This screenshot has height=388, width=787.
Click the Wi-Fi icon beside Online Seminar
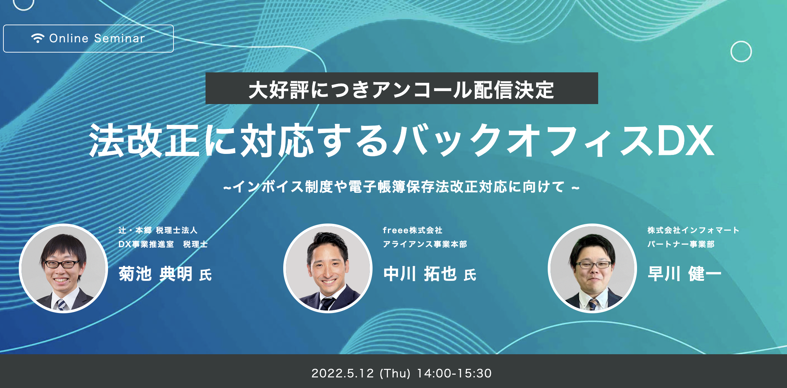[x=37, y=38]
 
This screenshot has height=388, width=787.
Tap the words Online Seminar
[x=97, y=38]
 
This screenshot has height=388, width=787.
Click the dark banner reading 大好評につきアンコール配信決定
[x=402, y=88]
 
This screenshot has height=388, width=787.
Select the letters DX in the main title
[x=685, y=140]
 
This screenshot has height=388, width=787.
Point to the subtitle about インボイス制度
[x=401, y=187]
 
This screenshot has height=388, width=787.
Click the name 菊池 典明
[x=155, y=274]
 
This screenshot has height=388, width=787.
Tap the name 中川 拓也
[x=420, y=274]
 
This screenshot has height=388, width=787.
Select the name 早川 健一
[x=684, y=274]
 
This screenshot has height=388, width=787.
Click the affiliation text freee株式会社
[x=412, y=230]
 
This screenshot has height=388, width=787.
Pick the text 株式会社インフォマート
[x=693, y=230]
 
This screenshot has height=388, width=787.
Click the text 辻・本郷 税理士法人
[x=158, y=230]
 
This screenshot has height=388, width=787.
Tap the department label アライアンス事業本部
[x=425, y=244]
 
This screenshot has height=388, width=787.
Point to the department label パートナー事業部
[x=681, y=244]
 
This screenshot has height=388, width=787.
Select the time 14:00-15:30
[x=454, y=373]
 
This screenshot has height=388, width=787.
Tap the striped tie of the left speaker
[x=61, y=304]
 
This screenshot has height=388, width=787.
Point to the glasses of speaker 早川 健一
[x=593, y=265]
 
